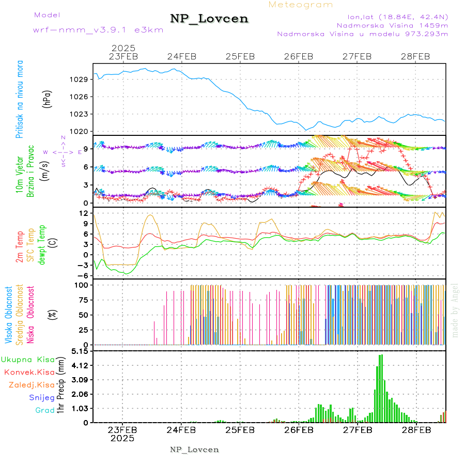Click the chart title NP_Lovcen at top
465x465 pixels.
pos(209,19)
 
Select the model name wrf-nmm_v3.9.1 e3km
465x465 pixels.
pos(98,30)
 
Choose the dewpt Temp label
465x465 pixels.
pos(42,244)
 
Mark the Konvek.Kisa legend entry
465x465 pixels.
pos(29,372)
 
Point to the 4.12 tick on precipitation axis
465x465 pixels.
pos(80,365)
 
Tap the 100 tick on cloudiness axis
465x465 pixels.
pos(83,285)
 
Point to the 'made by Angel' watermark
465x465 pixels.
pos(455,309)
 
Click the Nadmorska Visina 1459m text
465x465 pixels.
pos(392,25)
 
